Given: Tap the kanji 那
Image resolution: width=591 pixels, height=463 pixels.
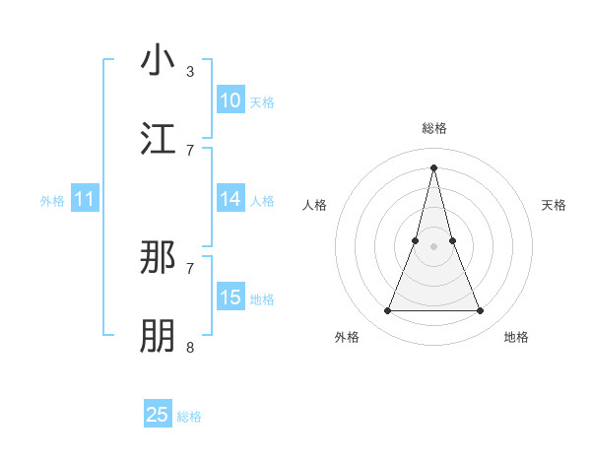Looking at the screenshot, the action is (159, 258).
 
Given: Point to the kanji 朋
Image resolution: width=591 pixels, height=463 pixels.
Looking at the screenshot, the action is (159, 336).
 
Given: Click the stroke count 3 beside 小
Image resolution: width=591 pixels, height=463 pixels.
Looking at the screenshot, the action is (190, 72).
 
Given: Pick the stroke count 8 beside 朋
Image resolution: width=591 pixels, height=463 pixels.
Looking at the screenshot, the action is (190, 347).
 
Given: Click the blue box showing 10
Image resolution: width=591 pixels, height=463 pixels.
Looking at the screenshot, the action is (230, 100).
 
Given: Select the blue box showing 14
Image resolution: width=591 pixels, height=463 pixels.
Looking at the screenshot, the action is (230, 199).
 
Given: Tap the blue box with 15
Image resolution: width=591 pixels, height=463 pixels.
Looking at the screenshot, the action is (230, 298).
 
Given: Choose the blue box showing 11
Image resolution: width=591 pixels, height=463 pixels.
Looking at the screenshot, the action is (85, 200).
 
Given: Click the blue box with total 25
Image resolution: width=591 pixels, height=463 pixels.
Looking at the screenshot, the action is (158, 415).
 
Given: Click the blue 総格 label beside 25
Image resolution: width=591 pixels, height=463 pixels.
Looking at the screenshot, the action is (189, 417).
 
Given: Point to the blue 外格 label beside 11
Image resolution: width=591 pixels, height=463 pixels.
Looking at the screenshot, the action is (52, 201).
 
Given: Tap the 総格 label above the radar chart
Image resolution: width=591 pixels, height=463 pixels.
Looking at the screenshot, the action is (434, 128).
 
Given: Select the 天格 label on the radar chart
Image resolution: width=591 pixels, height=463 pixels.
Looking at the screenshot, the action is (555, 205).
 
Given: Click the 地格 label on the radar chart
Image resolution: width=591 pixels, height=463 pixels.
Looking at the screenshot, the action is (516, 337).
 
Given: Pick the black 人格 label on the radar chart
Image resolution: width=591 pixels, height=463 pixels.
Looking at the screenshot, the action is (314, 205).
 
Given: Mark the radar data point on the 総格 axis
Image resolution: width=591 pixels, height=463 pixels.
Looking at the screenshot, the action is (434, 166).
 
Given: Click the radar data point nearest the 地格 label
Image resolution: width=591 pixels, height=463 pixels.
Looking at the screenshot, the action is (481, 311).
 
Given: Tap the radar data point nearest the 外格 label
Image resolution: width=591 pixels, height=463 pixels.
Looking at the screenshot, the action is (387, 311).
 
